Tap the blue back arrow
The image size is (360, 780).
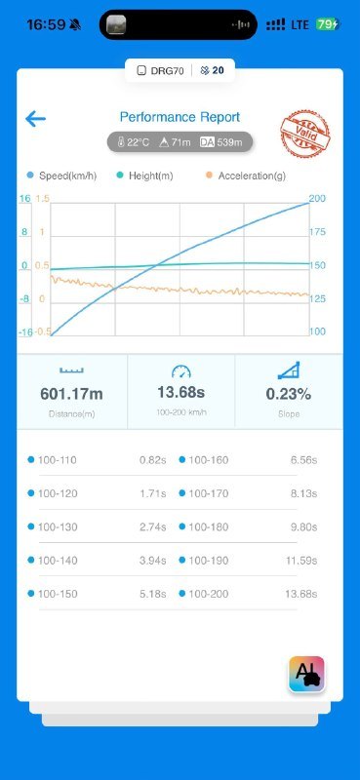[35, 119]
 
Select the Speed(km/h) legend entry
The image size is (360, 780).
[61, 175]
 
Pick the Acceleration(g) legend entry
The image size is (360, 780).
[245, 175]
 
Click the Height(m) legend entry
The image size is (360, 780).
[144, 175]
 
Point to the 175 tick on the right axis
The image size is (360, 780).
[317, 232]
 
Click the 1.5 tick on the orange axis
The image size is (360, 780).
[43, 199]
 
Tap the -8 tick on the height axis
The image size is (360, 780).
[23, 299]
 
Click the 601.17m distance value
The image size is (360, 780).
[71, 394]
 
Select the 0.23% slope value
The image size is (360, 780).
[289, 394]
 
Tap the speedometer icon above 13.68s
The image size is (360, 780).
[181, 371]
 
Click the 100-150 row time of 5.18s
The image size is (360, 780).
[153, 594]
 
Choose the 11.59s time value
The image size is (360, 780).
[301, 561]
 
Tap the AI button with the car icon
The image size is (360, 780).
[306, 674]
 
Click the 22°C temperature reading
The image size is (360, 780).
[134, 142]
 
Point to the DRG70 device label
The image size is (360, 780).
[161, 70]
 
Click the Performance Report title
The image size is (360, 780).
[180, 117]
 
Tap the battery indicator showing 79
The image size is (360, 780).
[328, 23]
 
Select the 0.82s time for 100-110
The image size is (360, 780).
[153, 460]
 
